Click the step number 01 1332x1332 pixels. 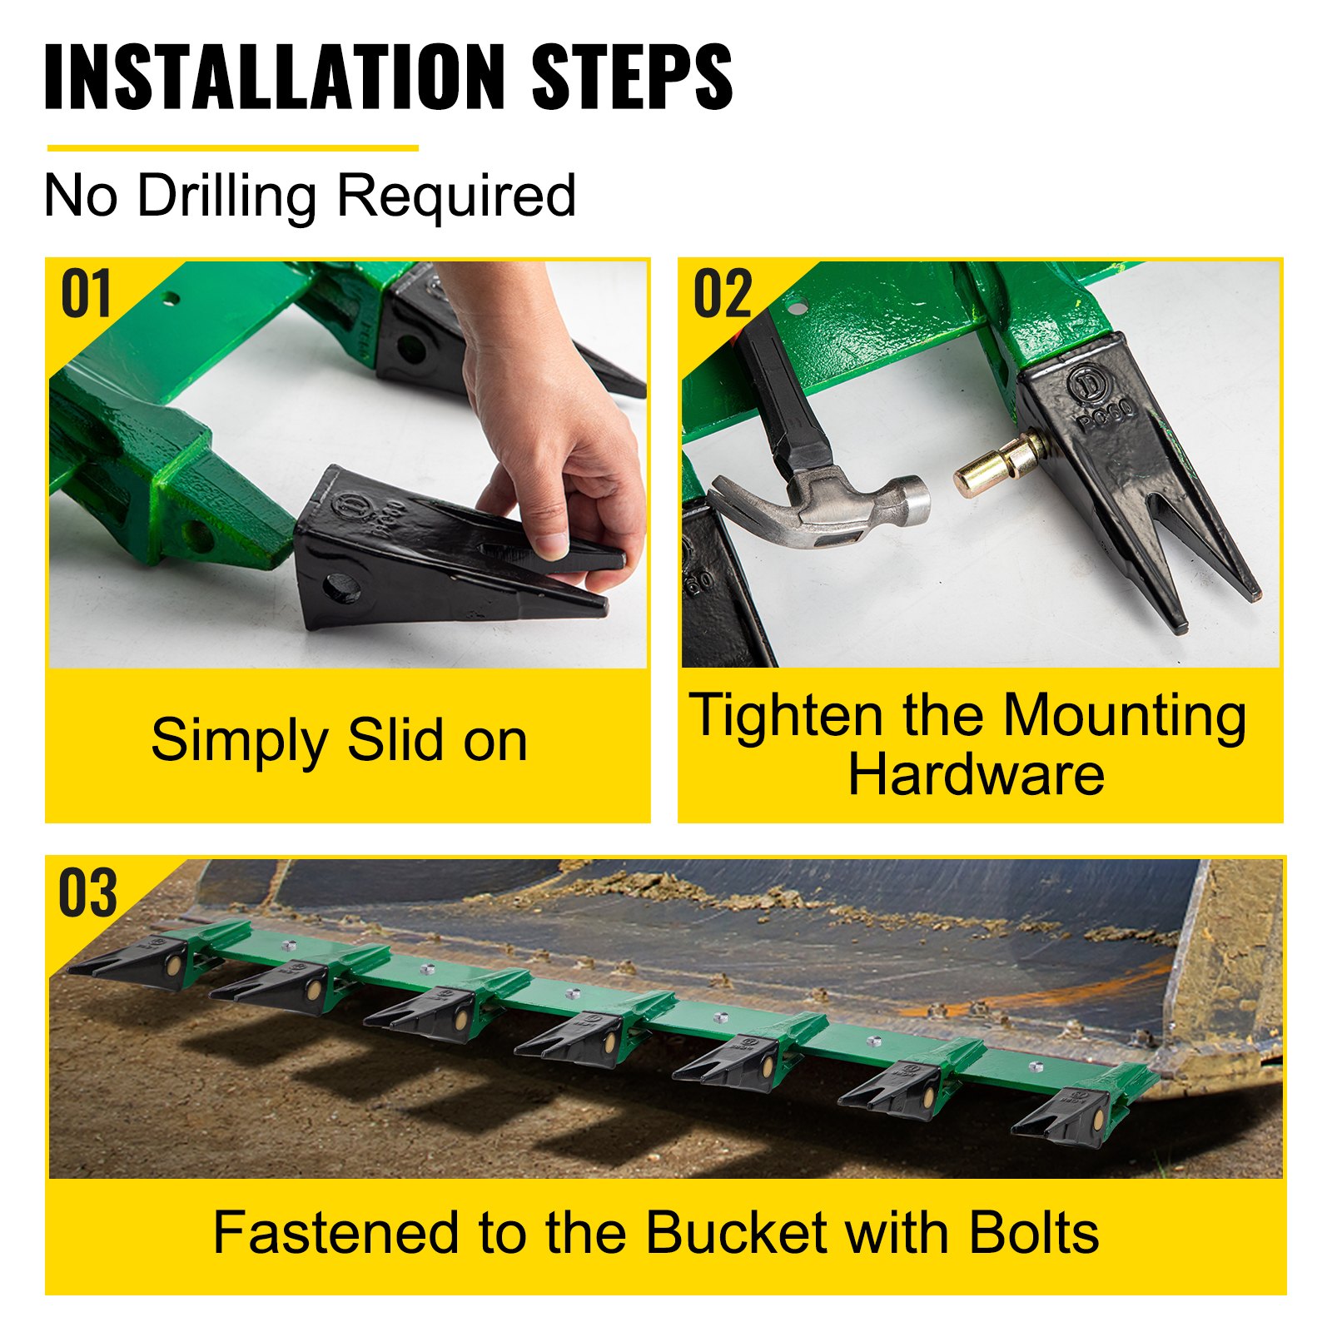click(x=86, y=295)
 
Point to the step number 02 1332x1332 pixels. click(x=723, y=295)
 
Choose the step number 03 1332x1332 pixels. click(x=87, y=892)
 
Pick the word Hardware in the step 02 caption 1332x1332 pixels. click(x=976, y=775)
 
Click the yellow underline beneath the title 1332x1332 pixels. click(x=232, y=148)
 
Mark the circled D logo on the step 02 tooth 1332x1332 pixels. click(x=1086, y=385)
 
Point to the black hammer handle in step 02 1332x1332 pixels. click(x=778, y=391)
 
